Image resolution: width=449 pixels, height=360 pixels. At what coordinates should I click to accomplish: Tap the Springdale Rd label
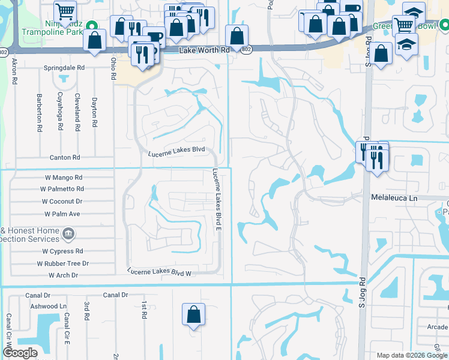point(64,68)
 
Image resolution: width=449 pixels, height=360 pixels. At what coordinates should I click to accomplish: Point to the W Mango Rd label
point(63,178)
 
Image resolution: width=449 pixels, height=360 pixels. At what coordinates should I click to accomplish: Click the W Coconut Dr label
point(61,202)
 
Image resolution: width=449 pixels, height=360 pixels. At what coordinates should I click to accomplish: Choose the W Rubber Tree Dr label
point(62,263)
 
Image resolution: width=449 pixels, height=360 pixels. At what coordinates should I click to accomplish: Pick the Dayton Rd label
point(94,112)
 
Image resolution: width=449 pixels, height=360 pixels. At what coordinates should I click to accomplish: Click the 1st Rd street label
point(144,310)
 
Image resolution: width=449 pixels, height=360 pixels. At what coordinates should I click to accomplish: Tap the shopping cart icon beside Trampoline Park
point(65,11)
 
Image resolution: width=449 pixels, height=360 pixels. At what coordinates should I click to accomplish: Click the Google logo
point(20,353)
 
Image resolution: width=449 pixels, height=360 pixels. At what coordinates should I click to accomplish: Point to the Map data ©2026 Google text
point(411,355)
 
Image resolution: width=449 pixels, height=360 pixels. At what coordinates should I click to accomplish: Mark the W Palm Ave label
point(62,214)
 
